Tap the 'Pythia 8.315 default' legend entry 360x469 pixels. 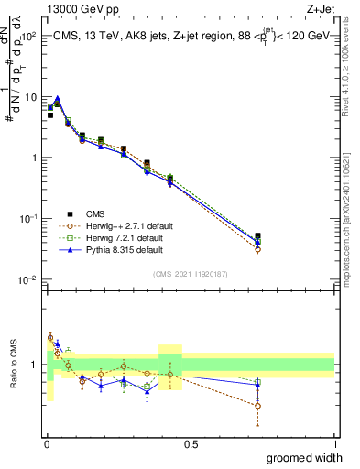(124, 249)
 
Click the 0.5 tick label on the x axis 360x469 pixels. (191, 443)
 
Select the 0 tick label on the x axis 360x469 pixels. (47, 443)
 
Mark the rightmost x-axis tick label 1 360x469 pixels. (334, 443)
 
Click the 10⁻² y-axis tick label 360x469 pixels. (28, 279)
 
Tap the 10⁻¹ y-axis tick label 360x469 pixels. (28, 219)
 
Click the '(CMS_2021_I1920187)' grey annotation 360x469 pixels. (191, 273)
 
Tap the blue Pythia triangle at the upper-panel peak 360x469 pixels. (57, 99)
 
